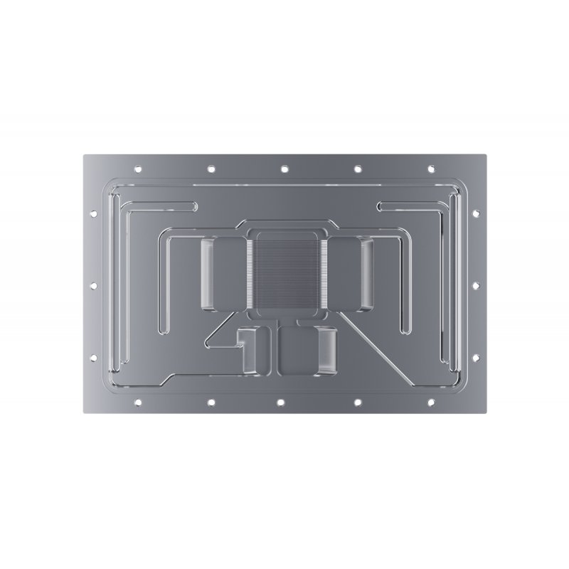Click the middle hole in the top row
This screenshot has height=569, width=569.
(284, 169)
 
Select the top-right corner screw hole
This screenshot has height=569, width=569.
(432, 169)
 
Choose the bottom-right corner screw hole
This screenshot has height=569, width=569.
(432, 403)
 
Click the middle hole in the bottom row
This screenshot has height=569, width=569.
(284, 403)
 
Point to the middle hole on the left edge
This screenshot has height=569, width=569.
(92, 286)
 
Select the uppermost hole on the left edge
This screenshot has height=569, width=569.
(92, 211)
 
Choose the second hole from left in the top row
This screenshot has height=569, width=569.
(211, 169)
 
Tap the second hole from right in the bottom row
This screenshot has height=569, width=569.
(358, 403)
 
